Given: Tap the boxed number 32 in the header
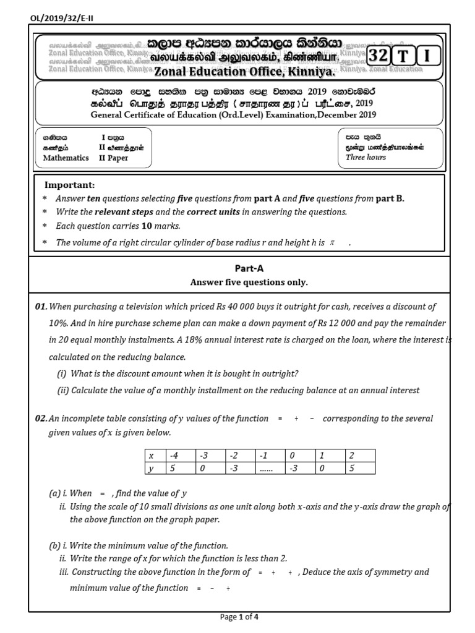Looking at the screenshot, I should [379, 56].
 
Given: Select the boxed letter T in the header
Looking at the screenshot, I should [403, 56].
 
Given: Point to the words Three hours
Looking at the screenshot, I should [366, 158].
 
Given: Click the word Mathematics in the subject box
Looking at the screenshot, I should [66, 158].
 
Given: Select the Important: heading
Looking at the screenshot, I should [69, 185].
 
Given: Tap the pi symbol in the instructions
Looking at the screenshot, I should [332, 243].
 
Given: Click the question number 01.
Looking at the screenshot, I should [41, 306].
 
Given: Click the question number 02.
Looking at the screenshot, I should [41, 418].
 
